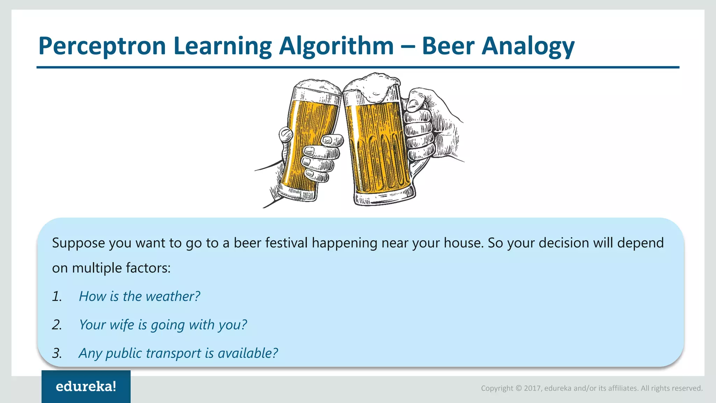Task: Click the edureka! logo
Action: tap(86, 386)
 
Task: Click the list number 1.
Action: tap(57, 297)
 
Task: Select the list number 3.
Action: tap(57, 353)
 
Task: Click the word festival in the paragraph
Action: tap(286, 243)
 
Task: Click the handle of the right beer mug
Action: tap(418, 168)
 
